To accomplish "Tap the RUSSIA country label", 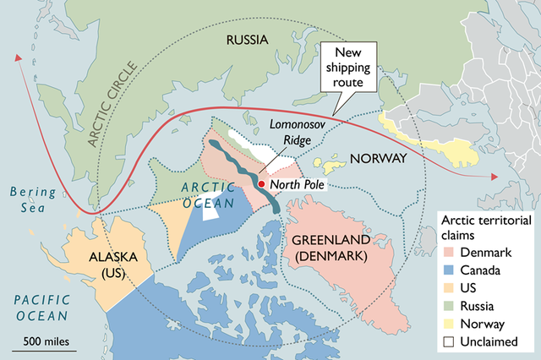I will [247, 40].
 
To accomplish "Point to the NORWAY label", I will [378, 159].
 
